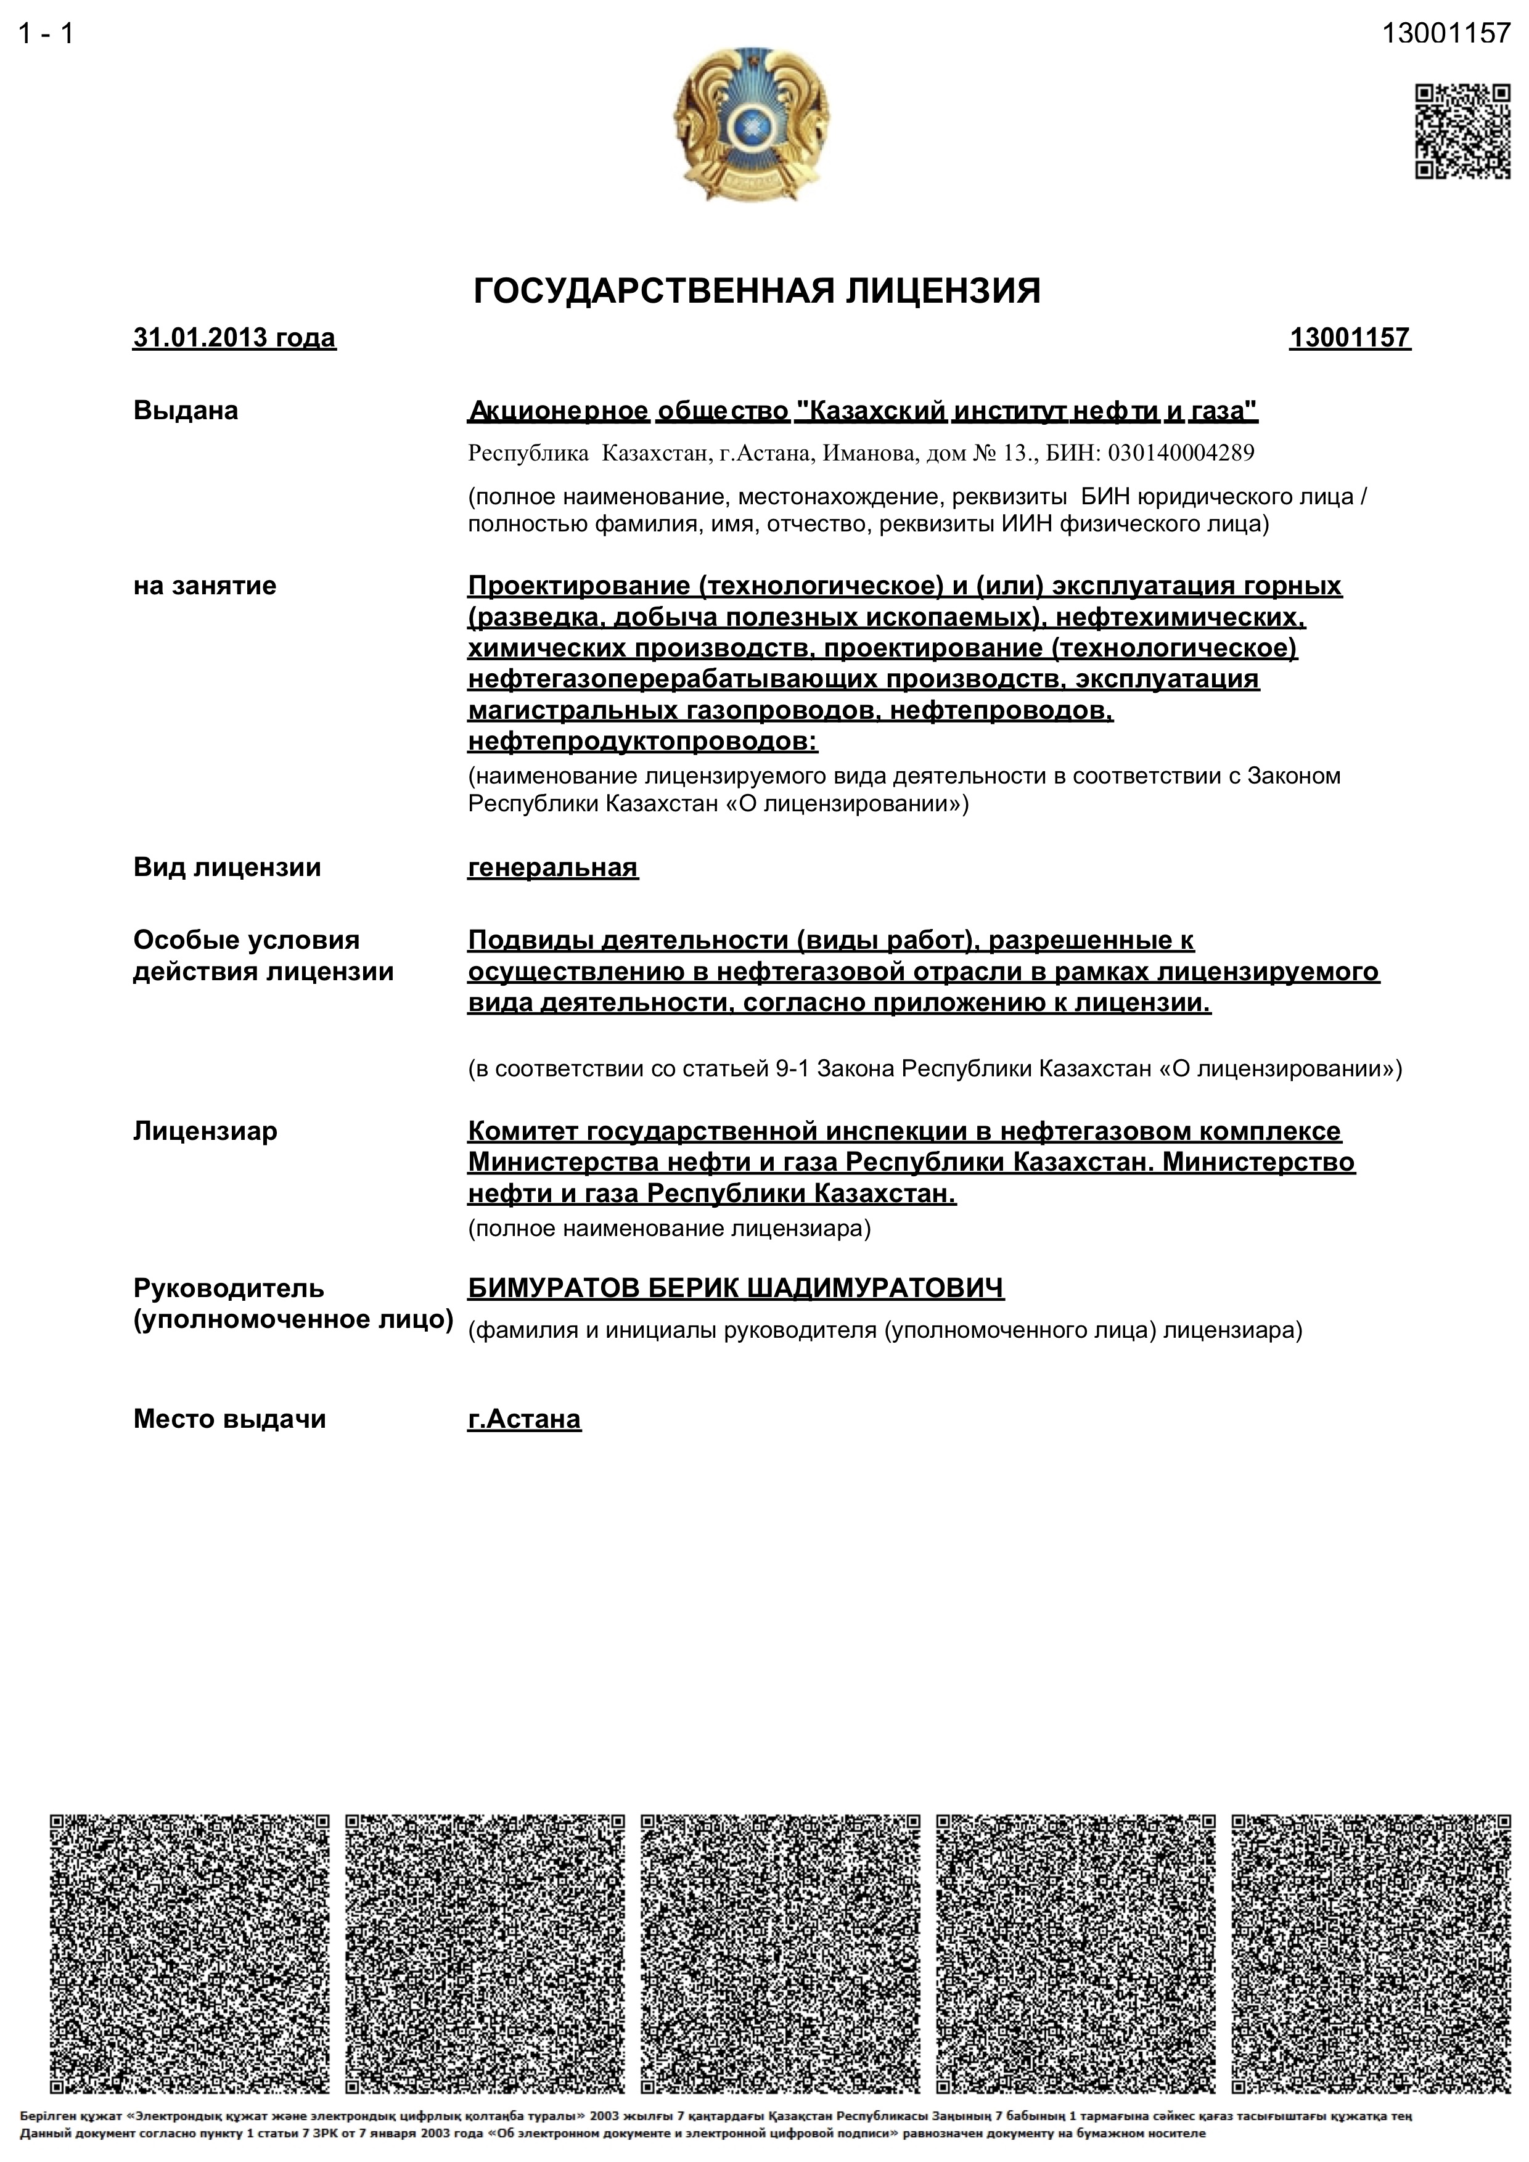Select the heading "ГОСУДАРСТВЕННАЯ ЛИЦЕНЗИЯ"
pyautogui.click(x=756, y=291)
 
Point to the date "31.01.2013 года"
pyautogui.click(x=234, y=337)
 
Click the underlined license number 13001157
pyautogui.click(x=1349, y=337)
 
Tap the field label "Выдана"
pyautogui.click(x=186, y=411)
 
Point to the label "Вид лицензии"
pyautogui.click(x=227, y=867)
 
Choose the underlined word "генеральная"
pyautogui.click(x=552, y=867)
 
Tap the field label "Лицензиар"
pyautogui.click(x=205, y=1130)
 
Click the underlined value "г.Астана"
pyautogui.click(x=525, y=1419)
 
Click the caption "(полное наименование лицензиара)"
pyautogui.click(x=670, y=1228)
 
